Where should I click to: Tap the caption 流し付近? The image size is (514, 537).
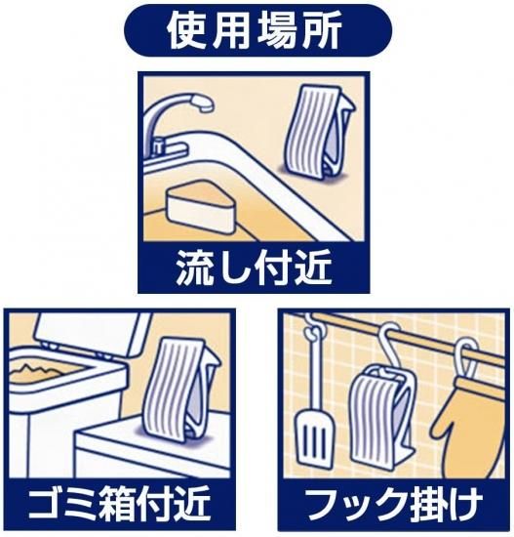[x=254, y=268]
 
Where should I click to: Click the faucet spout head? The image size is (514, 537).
[x=202, y=102]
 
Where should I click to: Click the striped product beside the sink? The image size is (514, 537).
[x=319, y=132]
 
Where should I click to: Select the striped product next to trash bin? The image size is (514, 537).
[x=180, y=390]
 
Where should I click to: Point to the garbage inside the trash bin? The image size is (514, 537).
[x=39, y=373]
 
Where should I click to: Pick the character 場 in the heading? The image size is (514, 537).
[x=276, y=31]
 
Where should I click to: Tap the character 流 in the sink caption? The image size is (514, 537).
[x=195, y=268]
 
